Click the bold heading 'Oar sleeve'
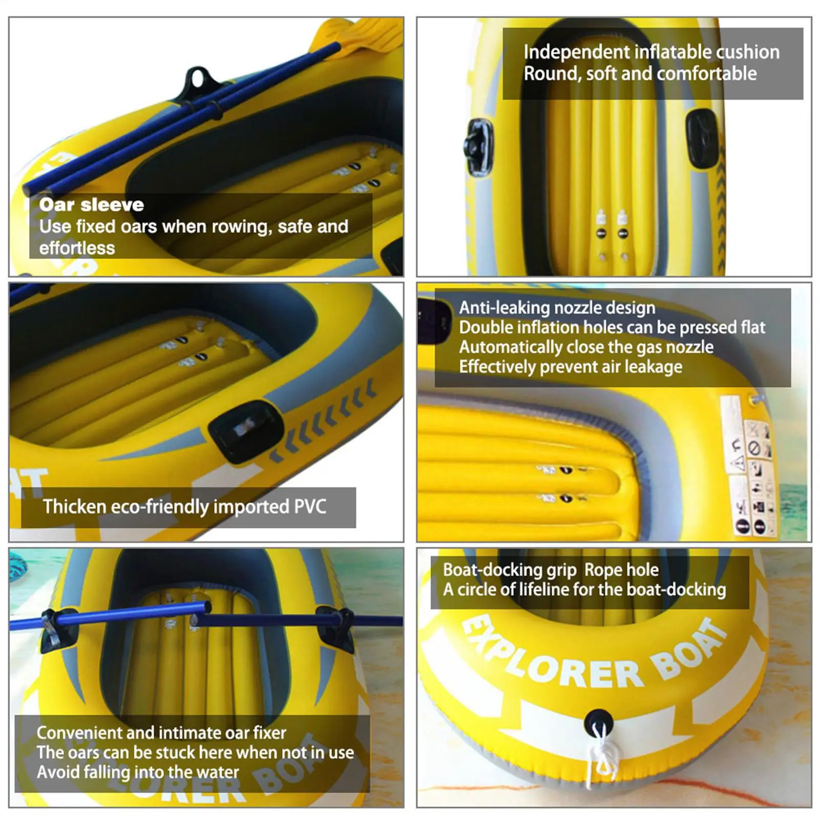[91, 205]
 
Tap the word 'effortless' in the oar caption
[77, 248]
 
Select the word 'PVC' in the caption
[310, 507]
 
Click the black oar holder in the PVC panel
[245, 429]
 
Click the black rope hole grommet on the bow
[598, 719]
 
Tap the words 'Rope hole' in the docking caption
[621, 570]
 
